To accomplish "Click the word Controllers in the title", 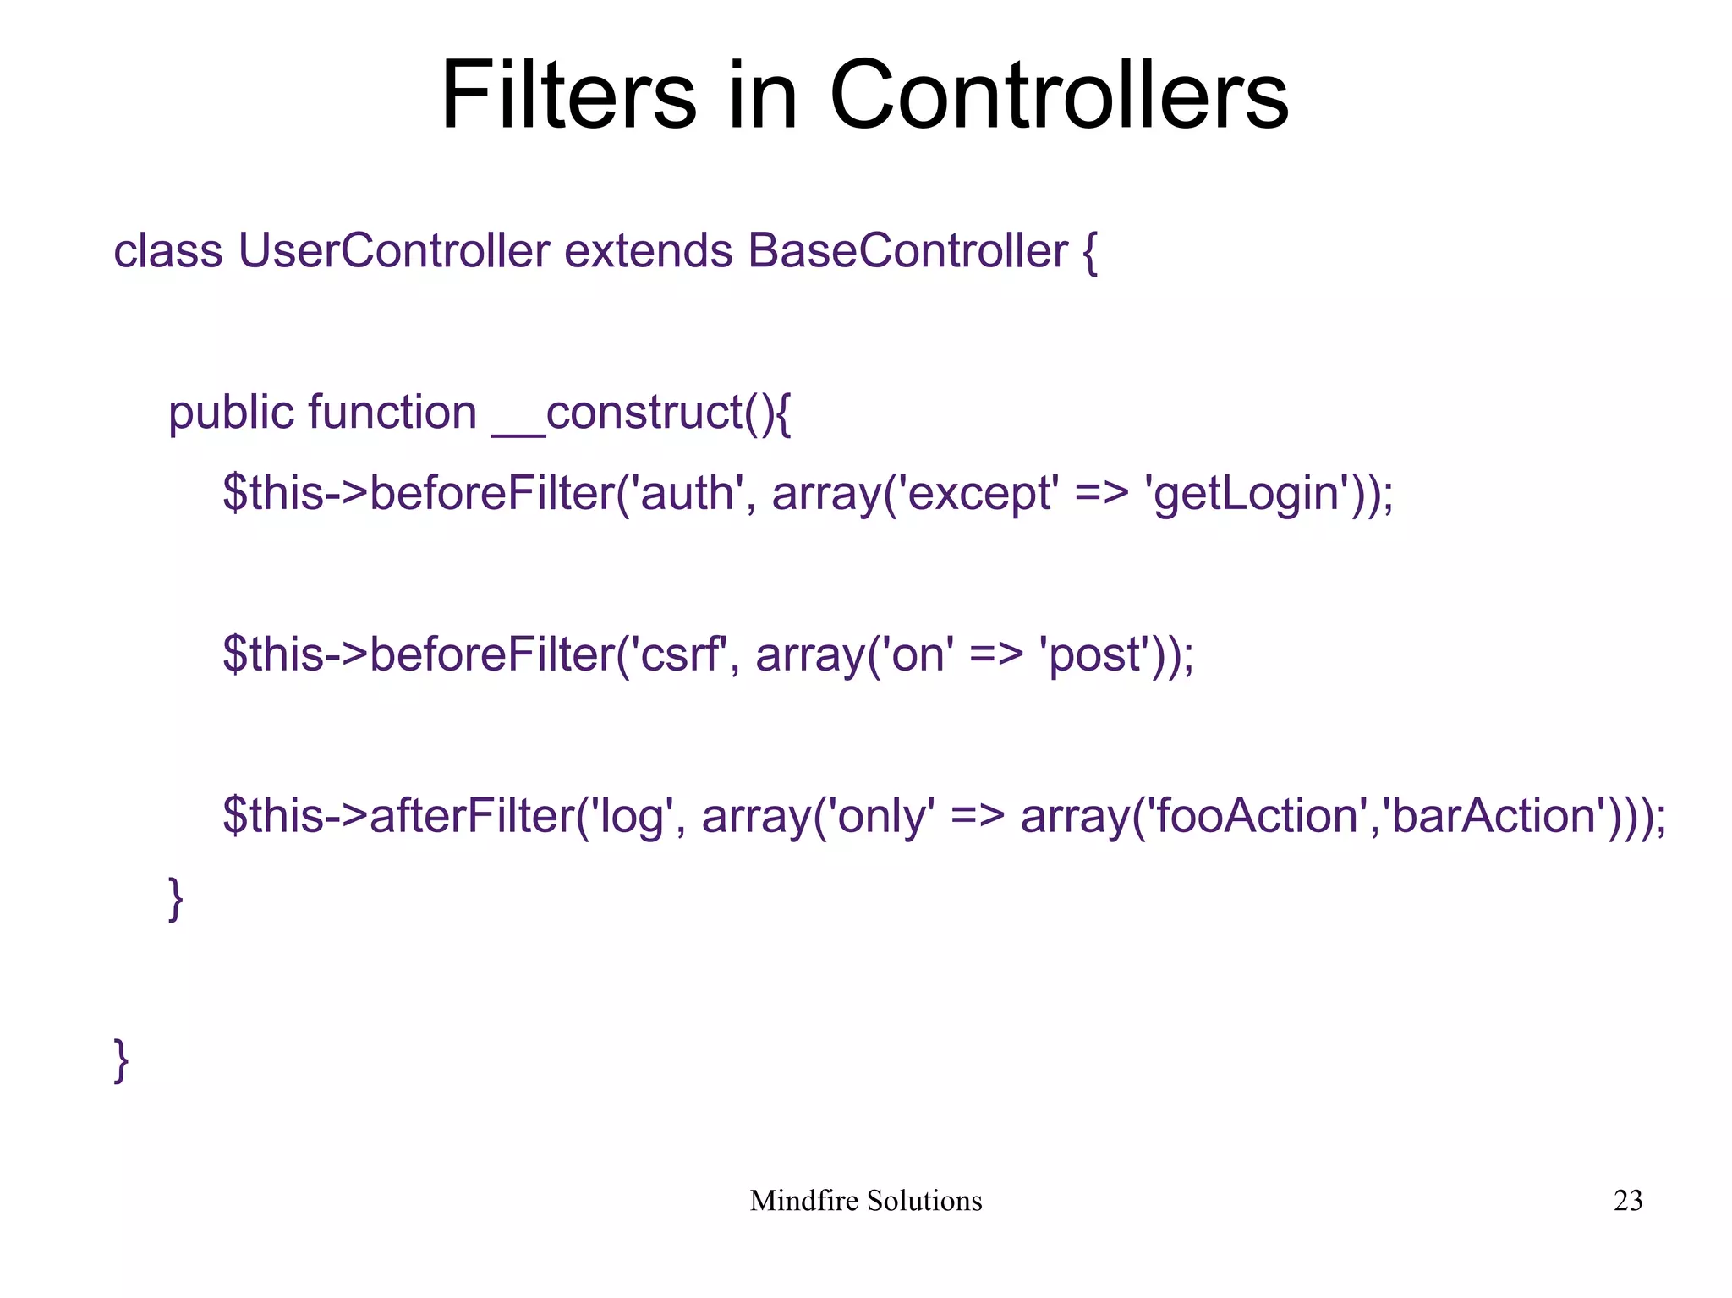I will pos(1059,95).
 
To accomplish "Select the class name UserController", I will pos(393,251).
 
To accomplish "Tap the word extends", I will pos(648,251).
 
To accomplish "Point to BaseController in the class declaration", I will pos(907,251).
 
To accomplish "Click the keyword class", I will pos(167,251).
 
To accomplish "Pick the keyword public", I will pos(230,413).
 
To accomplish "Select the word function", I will pos(392,413).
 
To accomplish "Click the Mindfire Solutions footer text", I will pos(865,1201).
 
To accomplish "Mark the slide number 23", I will pos(1628,1201).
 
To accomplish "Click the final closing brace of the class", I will pos(122,1060).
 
